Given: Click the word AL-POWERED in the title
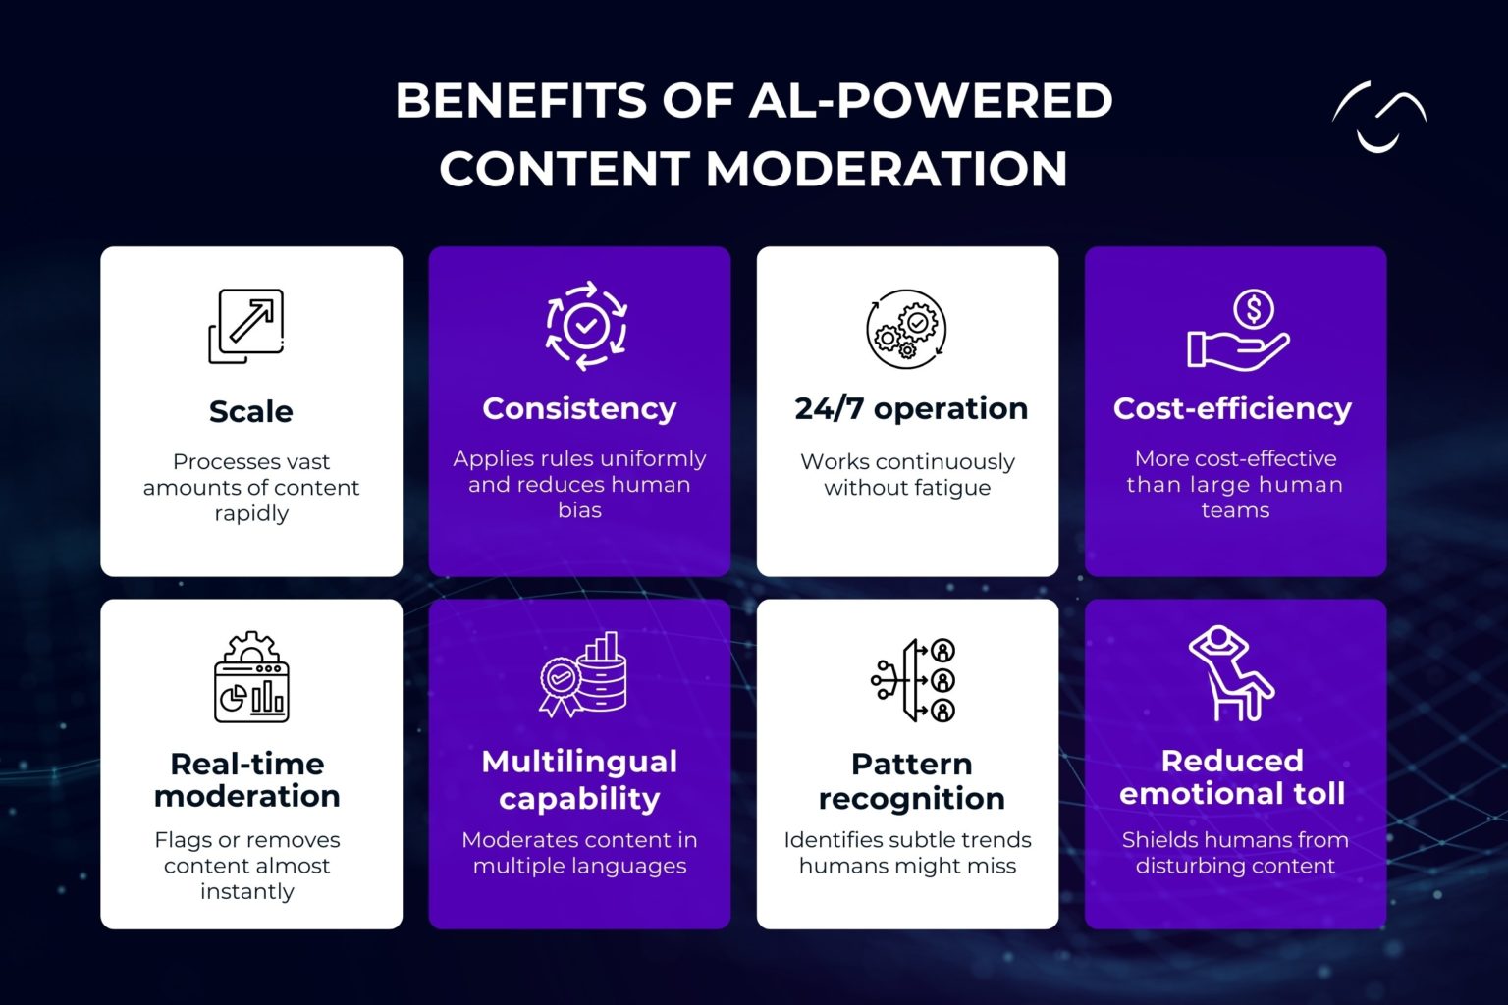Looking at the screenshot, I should [x=931, y=101].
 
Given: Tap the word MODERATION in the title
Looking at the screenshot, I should [x=887, y=169].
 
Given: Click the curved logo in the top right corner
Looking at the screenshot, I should [x=1378, y=117].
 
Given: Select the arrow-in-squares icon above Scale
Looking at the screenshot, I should [x=246, y=326].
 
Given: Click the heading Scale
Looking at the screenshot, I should [x=250, y=411].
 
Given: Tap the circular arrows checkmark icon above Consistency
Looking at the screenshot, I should [x=586, y=326].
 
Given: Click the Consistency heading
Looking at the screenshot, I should [x=579, y=408].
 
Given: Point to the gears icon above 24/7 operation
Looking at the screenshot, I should [x=906, y=329].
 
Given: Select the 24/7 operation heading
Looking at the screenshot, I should [x=910, y=408].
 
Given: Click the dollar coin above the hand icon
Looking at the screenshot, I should [x=1254, y=309].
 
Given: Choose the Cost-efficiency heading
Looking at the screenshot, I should [x=1232, y=408].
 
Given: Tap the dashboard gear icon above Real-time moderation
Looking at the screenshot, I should [x=251, y=677].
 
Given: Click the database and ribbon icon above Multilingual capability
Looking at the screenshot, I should [x=583, y=675].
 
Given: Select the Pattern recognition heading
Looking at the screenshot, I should [x=910, y=780].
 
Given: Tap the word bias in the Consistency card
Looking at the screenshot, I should [x=579, y=510].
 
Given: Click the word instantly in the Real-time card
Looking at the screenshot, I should [x=247, y=891].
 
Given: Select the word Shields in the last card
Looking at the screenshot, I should [x=1155, y=840].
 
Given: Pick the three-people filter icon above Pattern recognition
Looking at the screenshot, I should [x=914, y=679].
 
